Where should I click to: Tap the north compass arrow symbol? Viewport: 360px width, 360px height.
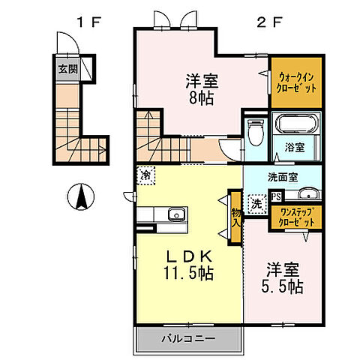coord(79,197)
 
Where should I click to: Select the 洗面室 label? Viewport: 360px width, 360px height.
coord(283,177)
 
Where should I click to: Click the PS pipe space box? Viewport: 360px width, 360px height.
coord(277,197)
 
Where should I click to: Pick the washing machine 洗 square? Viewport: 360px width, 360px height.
coord(256,202)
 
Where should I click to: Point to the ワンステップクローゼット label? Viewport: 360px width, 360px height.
coord(298,218)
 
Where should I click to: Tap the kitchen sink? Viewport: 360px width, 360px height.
coord(176,214)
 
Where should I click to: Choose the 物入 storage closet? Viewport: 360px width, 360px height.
coord(235,218)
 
